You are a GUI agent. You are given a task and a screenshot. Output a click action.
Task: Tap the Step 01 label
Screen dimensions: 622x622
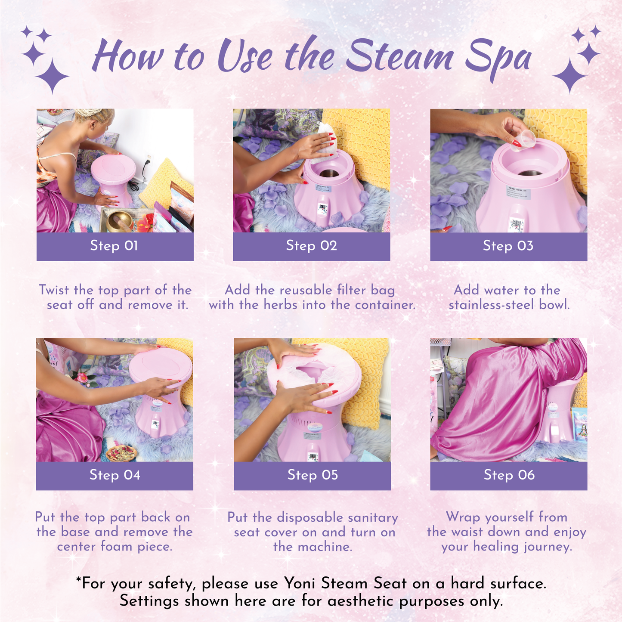114,246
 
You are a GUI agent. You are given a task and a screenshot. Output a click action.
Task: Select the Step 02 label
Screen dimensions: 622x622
312,246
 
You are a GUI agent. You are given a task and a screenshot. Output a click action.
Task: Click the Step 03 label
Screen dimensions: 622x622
508,246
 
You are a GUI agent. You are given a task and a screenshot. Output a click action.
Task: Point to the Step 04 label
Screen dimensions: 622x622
115,475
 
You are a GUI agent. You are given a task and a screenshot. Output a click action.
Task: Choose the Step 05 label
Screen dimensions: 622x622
313,475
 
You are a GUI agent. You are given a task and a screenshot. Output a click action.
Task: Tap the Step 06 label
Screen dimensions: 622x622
509,475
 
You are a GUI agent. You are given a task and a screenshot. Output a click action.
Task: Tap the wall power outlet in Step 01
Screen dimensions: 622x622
149,158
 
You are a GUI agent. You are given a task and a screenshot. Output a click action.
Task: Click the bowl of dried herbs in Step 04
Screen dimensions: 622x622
121,452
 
